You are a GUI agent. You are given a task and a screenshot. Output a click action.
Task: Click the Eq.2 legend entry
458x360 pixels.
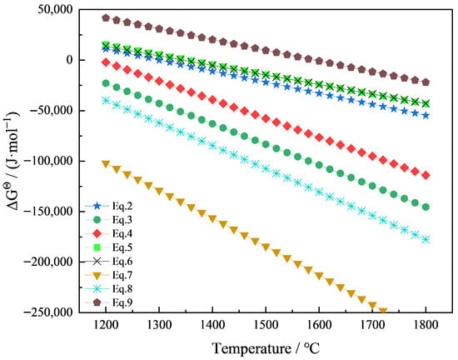108,206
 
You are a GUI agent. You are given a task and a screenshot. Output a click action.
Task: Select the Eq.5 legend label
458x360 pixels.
122,247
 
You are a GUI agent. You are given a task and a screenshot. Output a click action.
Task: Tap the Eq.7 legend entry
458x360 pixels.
108,275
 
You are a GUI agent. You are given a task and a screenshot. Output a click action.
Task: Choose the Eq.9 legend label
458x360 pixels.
122,302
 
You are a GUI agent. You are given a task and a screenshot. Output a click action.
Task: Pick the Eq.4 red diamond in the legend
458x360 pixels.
97,233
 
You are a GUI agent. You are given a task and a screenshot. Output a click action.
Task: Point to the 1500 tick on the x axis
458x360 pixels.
266,325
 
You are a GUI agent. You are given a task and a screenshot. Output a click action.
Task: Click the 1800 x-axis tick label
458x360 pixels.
426,325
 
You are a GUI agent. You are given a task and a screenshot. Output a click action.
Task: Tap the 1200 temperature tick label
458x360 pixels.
106,325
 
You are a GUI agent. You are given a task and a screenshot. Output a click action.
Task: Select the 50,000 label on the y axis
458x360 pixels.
55,9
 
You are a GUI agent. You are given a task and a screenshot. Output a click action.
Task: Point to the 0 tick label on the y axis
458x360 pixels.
69,60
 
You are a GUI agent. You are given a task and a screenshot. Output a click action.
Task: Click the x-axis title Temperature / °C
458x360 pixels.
266,348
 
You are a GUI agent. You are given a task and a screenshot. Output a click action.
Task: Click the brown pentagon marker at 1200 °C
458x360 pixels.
106,18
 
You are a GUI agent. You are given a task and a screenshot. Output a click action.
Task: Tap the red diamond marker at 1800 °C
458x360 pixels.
426,175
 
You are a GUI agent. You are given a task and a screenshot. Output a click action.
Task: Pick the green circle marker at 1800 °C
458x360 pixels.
426,207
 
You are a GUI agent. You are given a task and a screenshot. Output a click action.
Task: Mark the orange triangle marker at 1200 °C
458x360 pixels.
106,164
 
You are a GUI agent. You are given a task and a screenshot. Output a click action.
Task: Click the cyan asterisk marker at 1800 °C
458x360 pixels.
426,240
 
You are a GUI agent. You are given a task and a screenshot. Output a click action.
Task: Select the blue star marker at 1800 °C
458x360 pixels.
426,116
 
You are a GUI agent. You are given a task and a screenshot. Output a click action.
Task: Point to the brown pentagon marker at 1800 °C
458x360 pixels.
426,82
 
